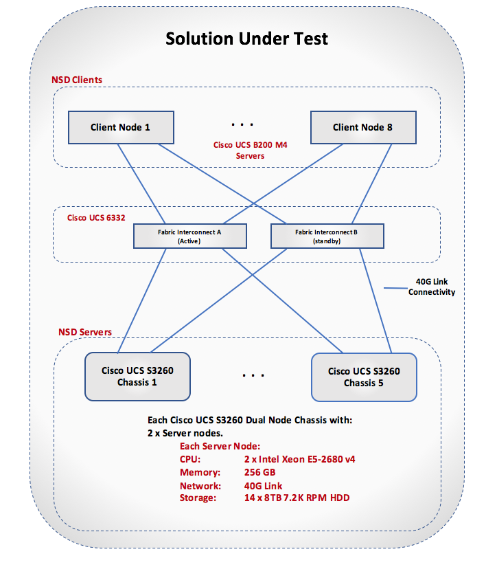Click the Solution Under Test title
tap(246, 38)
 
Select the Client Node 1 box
tap(120, 127)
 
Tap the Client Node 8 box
tap(362, 127)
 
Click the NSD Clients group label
tap(77, 80)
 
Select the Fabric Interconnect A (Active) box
tap(190, 236)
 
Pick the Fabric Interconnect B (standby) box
tap(327, 236)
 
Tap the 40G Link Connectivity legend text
tap(432, 287)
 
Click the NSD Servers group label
tap(85, 332)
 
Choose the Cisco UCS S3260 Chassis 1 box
tap(137, 376)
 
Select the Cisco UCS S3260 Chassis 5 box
tap(364, 377)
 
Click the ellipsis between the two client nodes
tap(242, 125)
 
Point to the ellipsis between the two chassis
tap(253, 376)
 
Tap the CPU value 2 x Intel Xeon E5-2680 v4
tap(299, 459)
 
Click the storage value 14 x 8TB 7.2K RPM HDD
tap(297, 497)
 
